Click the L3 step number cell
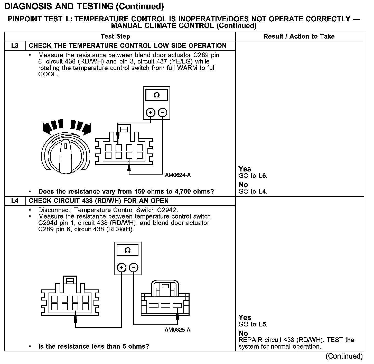pos(15,46)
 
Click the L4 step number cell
pos(15,201)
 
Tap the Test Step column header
pos(115,37)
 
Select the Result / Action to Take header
pos(299,37)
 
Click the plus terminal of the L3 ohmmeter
pos(151,112)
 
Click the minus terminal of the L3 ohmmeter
pos(162,112)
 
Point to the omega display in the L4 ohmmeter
pos(127,250)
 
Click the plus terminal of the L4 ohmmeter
pos(121,268)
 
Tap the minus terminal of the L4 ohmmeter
pos(133,268)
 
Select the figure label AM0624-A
pos(178,175)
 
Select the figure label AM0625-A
pos(177,330)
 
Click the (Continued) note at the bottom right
pos(344,356)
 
